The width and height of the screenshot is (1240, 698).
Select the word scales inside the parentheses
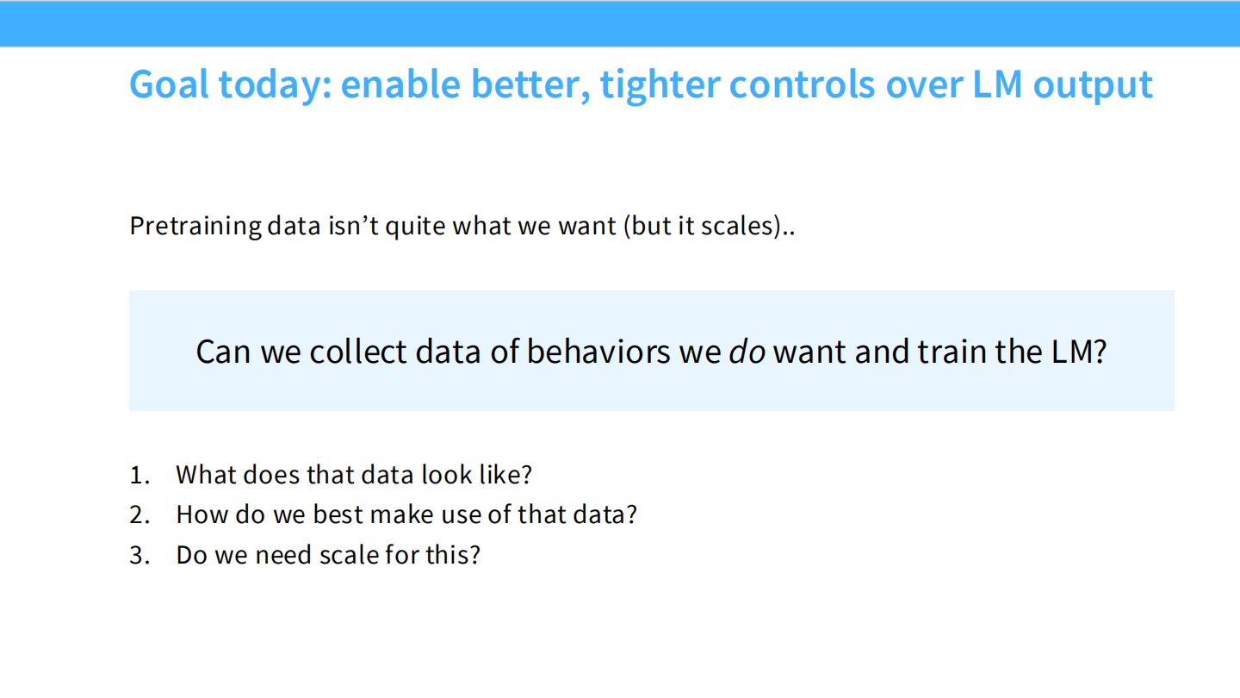click(x=738, y=226)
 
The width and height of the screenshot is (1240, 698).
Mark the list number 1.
click(x=139, y=475)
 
